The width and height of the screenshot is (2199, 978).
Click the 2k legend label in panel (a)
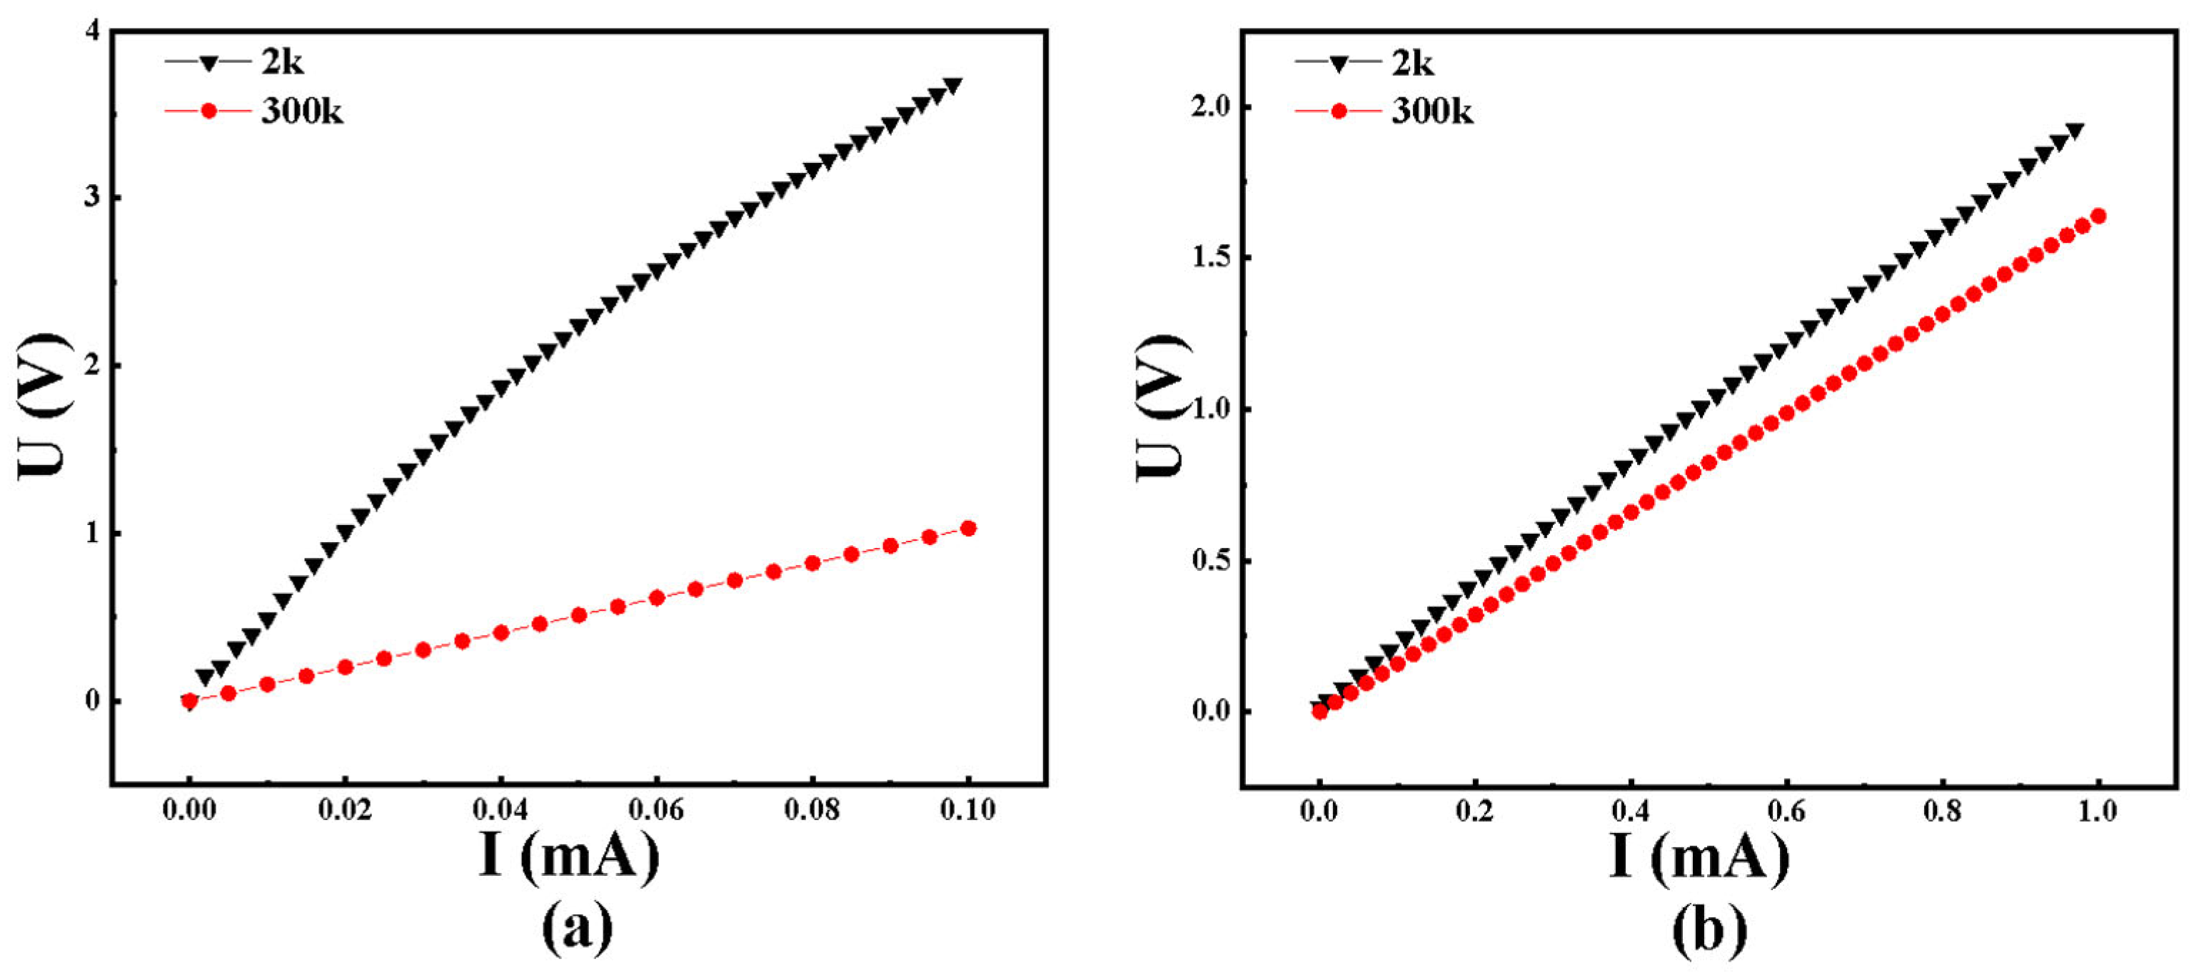[282, 62]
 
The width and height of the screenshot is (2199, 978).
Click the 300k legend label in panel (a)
[301, 112]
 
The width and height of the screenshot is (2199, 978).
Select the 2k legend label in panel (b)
[1412, 63]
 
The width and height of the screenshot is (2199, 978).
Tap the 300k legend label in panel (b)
[1431, 112]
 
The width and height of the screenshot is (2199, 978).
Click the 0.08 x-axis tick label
[812, 809]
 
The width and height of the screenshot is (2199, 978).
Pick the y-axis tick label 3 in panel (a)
[91, 197]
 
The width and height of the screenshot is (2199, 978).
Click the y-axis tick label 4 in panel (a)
[91, 31]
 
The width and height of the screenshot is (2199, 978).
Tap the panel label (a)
[577, 929]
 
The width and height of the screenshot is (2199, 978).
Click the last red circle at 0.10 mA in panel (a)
[968, 529]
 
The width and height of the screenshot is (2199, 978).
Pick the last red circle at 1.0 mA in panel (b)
[2098, 216]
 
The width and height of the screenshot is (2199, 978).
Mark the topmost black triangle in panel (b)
[2074, 131]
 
